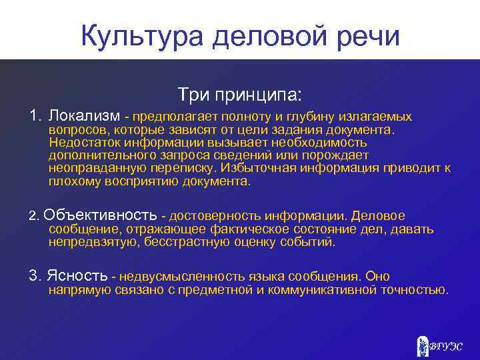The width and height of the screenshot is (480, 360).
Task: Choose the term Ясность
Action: pyautogui.click(x=77, y=276)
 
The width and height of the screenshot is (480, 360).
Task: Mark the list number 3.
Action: pyautogui.click(x=34, y=276)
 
